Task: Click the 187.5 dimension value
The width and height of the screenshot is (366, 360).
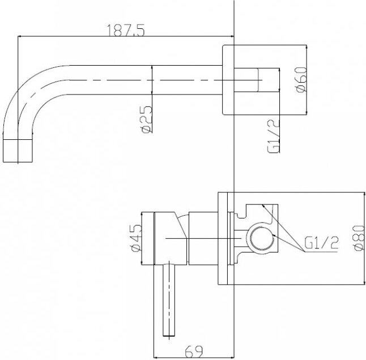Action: tap(126, 31)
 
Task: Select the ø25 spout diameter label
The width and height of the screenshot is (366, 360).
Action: tap(147, 119)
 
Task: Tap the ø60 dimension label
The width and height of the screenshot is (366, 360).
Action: tap(301, 80)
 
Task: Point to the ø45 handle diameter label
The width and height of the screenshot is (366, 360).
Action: tap(137, 238)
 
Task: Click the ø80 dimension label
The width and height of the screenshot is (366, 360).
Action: tap(359, 238)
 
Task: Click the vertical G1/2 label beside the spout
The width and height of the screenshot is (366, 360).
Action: tap(273, 136)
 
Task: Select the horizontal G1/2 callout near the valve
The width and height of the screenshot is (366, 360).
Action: tap(321, 243)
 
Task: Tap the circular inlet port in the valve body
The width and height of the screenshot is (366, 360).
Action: tap(261, 238)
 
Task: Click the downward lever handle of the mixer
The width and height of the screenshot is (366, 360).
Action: tap(169, 300)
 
